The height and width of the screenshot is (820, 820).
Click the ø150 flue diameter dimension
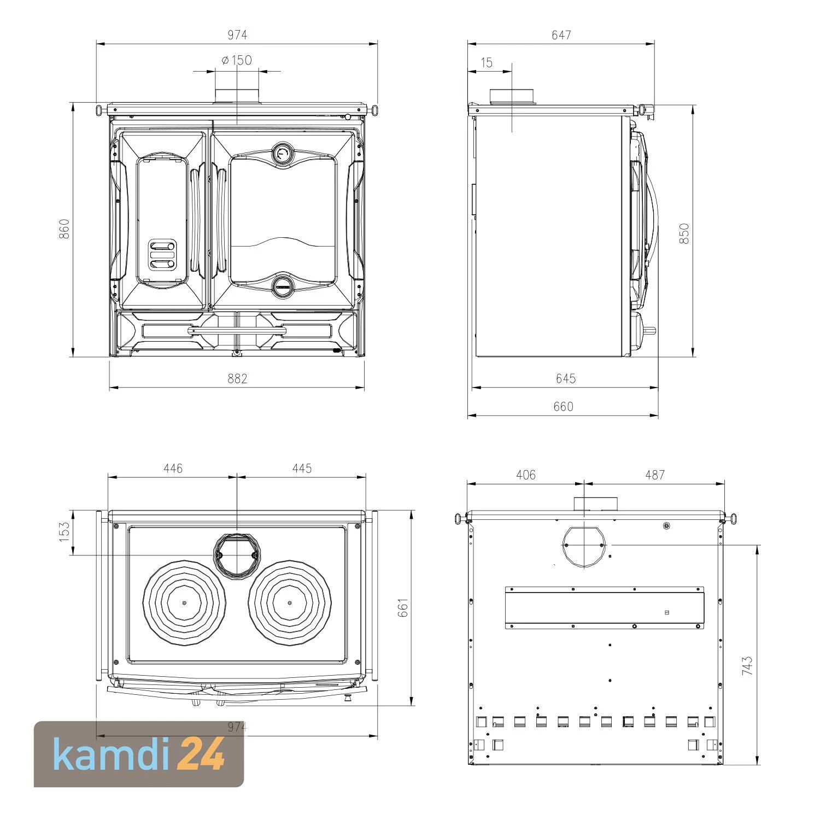pos(237,60)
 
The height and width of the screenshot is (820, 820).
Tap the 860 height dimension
pos(65,229)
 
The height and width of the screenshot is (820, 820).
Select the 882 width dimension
pos(237,378)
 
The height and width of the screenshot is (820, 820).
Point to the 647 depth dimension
pos(561,35)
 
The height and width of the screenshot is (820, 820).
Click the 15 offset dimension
pos(487,63)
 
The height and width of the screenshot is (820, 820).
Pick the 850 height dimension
pos(684,233)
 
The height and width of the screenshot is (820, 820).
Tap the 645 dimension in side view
pos(566,378)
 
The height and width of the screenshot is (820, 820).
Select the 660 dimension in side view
pos(563,407)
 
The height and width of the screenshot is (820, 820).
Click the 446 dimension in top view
pos(173,468)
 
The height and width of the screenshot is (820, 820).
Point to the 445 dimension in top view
pos(302,468)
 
